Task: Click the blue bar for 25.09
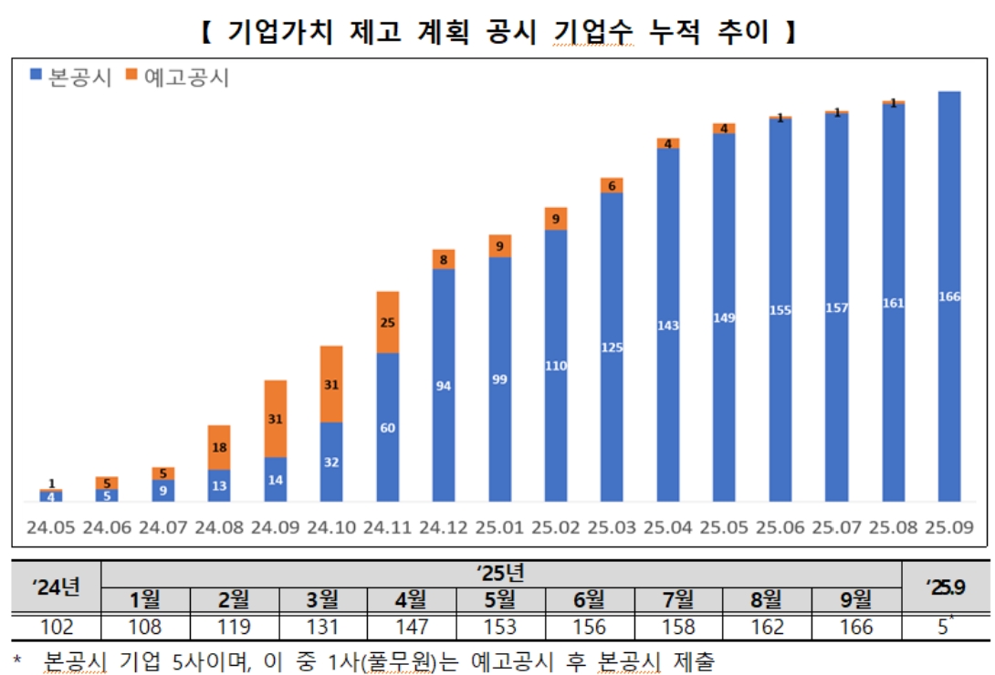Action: coord(949,296)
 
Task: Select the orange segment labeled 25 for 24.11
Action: coord(388,322)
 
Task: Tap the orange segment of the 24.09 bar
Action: coord(276,419)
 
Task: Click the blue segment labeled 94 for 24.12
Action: coord(444,385)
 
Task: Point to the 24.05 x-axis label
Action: coord(51,528)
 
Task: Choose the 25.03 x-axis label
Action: coord(612,528)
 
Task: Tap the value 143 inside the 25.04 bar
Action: coord(668,326)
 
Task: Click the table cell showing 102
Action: coord(56,628)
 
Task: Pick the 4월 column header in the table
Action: coord(411,600)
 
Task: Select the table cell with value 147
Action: coord(411,628)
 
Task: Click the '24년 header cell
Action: coord(56,587)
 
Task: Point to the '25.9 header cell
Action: coord(944,587)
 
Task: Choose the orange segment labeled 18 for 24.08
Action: coord(219,447)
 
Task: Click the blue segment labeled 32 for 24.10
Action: coord(331,462)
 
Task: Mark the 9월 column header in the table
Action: coord(854,600)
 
